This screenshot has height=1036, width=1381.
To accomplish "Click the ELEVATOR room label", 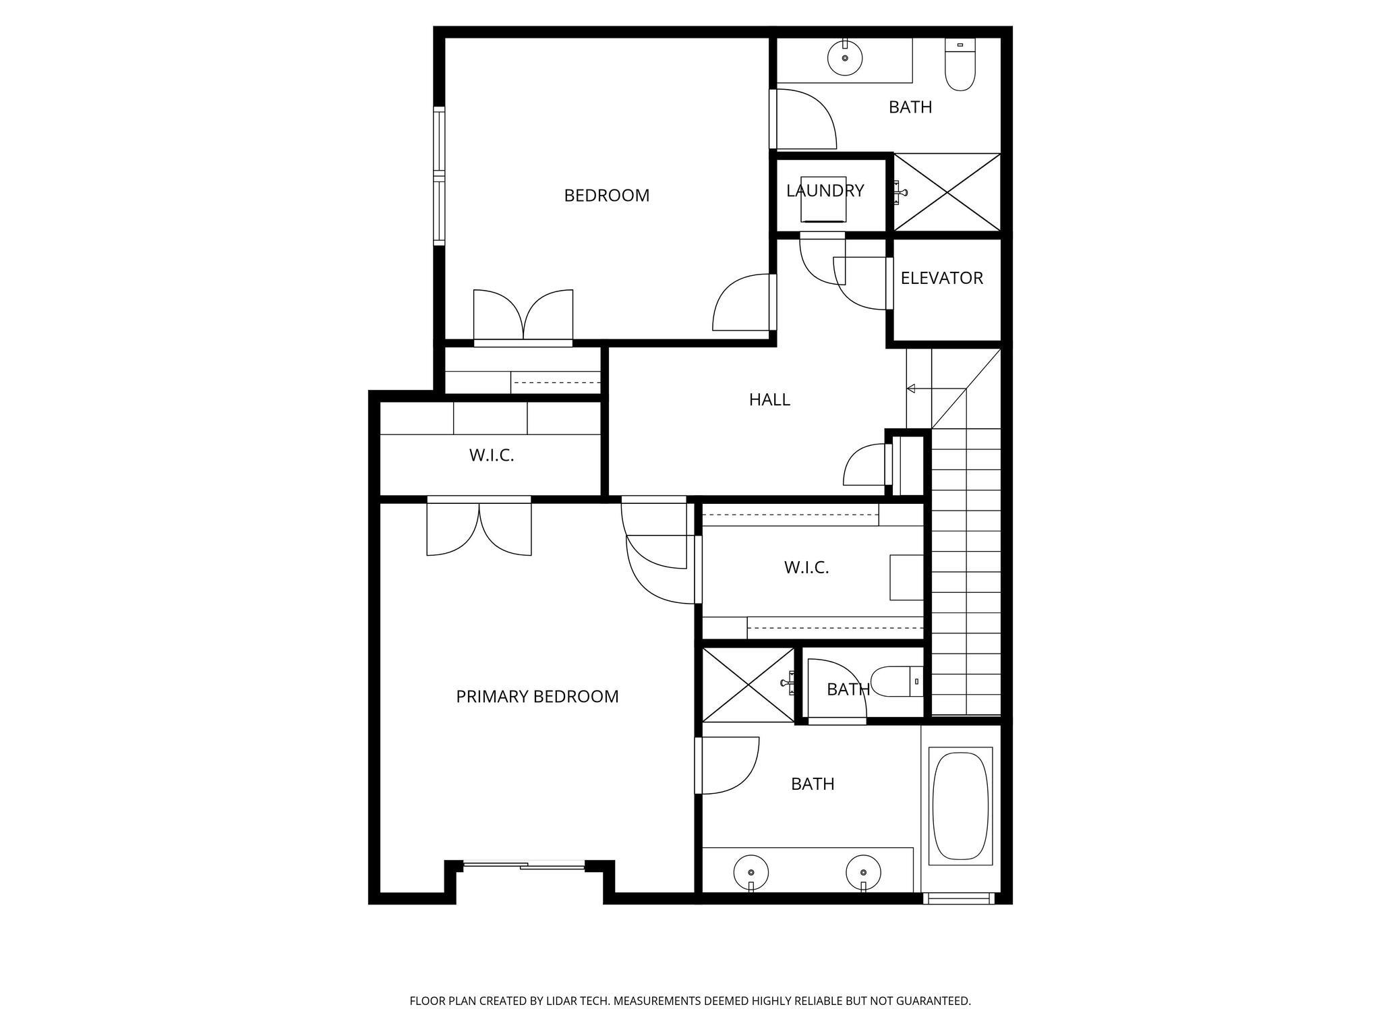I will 941,278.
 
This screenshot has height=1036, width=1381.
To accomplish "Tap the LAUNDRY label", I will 825,191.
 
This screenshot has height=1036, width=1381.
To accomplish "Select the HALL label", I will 769,400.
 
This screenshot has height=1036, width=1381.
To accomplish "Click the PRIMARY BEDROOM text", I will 537,697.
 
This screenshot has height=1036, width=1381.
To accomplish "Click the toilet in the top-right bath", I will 960,68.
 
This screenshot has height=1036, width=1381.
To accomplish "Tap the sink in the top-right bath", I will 844,58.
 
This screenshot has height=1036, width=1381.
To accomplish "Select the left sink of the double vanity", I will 751,872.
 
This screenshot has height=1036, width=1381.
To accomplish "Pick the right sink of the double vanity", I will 863,872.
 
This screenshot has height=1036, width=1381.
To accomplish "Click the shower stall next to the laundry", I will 947,192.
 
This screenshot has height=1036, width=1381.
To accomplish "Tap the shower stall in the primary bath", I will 748,685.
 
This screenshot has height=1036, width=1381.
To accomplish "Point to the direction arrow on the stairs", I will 912,388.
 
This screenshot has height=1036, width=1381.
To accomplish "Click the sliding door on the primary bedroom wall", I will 523,865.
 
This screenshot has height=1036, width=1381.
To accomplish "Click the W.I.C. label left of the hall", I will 492,455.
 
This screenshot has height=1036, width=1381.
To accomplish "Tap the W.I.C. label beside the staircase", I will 806,567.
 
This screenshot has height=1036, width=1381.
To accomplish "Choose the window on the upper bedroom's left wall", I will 440,175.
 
